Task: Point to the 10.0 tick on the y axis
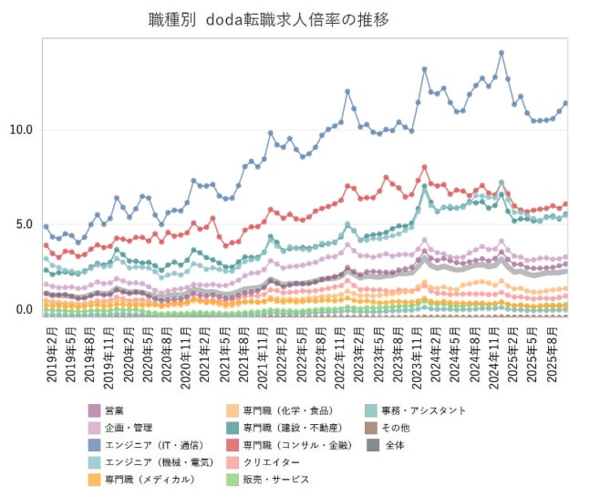[x=20, y=129]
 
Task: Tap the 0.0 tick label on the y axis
[x=24, y=310]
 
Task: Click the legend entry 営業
[x=116, y=411]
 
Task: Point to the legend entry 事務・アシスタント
[x=425, y=411]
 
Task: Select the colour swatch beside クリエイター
[x=233, y=462]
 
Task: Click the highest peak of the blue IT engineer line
[x=502, y=53]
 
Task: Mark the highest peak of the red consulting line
[x=425, y=167]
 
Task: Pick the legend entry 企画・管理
[x=129, y=428]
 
